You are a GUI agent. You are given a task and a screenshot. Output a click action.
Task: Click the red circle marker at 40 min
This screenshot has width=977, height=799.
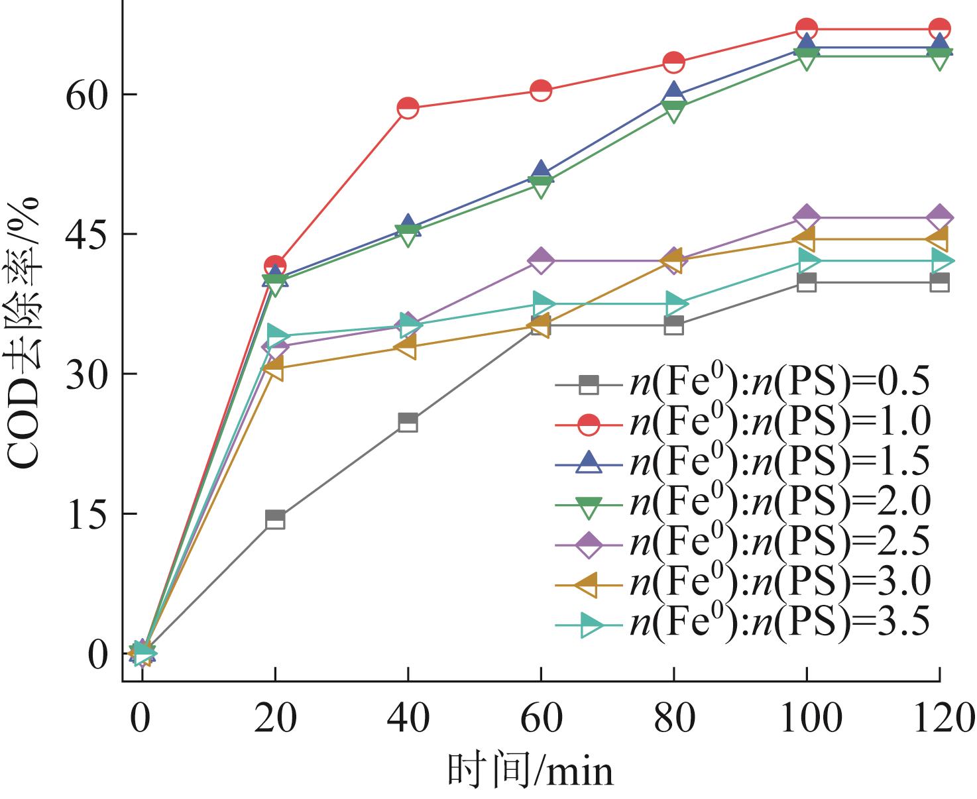[x=408, y=107]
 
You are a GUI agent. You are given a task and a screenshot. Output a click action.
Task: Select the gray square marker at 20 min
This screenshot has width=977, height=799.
[x=275, y=519]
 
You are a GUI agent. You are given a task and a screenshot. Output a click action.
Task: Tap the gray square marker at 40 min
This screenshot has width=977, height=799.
[x=408, y=422]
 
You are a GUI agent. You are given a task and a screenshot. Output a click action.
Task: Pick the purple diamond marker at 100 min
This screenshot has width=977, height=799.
[x=807, y=217]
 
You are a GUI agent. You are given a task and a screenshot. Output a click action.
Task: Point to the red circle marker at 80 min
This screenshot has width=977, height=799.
[x=673, y=62]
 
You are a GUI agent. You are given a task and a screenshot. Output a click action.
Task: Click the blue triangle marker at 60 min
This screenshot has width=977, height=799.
[x=541, y=172]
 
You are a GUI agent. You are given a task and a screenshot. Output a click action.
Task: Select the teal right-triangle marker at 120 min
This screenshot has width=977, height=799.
[x=940, y=261]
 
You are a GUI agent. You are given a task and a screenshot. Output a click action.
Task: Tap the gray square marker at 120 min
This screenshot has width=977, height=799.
[x=940, y=282]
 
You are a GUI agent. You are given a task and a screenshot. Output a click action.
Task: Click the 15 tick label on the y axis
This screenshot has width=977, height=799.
[x=87, y=514]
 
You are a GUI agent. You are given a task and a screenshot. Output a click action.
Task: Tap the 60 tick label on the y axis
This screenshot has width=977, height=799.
[x=87, y=94]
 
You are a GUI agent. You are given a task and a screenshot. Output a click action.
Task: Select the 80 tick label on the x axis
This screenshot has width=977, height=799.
[x=673, y=718]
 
